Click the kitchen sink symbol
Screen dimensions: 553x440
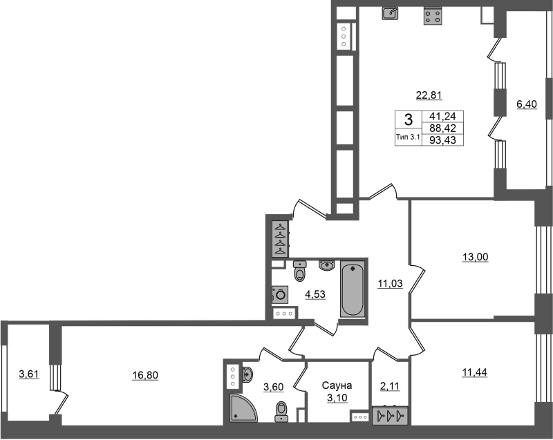coord(390,13)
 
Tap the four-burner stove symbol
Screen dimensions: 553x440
coord(433,17)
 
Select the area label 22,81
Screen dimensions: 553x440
coord(429,95)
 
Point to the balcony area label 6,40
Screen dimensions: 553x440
coord(527,104)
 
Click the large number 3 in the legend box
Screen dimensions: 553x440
coord(408,119)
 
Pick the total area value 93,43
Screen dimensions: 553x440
coord(443,140)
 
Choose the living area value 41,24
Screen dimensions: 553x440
coord(443,116)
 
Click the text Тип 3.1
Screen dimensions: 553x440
coord(408,137)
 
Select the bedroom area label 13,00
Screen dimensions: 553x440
coord(476,257)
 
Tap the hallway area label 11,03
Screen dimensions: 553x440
coord(390,283)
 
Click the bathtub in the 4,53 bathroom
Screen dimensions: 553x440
coord(353,289)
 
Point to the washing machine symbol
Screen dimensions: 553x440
coord(280,294)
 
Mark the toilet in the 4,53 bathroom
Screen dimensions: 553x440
coord(300,271)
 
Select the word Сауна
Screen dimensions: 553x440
coord(337,385)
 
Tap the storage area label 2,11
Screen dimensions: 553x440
coord(390,386)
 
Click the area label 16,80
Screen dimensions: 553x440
coord(145,376)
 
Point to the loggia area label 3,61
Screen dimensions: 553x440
coord(29,374)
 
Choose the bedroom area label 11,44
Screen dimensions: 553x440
coord(475,372)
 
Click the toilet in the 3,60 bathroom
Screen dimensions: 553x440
coord(281,412)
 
